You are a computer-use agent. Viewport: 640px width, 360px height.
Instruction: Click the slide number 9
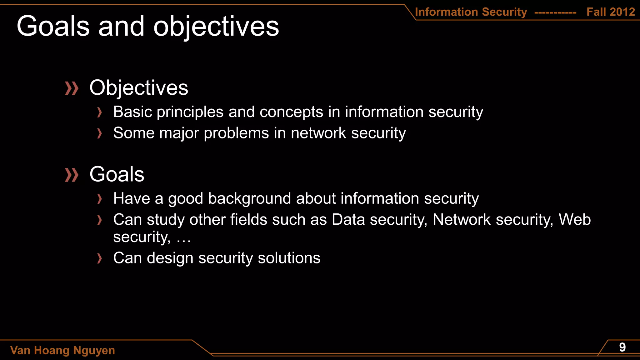pyautogui.click(x=622, y=347)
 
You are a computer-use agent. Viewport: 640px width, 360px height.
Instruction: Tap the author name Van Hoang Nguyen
pyautogui.click(x=62, y=350)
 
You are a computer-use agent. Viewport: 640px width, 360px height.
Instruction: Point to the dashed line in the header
pyautogui.click(x=555, y=13)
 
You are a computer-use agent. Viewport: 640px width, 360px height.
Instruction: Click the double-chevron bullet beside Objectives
pyautogui.click(x=72, y=88)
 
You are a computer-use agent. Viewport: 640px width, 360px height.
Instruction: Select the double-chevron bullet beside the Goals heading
pyautogui.click(x=72, y=175)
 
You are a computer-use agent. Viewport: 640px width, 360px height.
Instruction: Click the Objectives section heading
pyautogui.click(x=139, y=88)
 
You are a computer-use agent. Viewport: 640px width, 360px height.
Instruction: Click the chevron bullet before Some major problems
pyautogui.click(x=99, y=133)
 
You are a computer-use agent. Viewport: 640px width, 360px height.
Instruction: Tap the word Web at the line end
pyautogui.click(x=574, y=219)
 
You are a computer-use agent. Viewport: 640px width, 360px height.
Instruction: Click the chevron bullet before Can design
pyautogui.click(x=99, y=258)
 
